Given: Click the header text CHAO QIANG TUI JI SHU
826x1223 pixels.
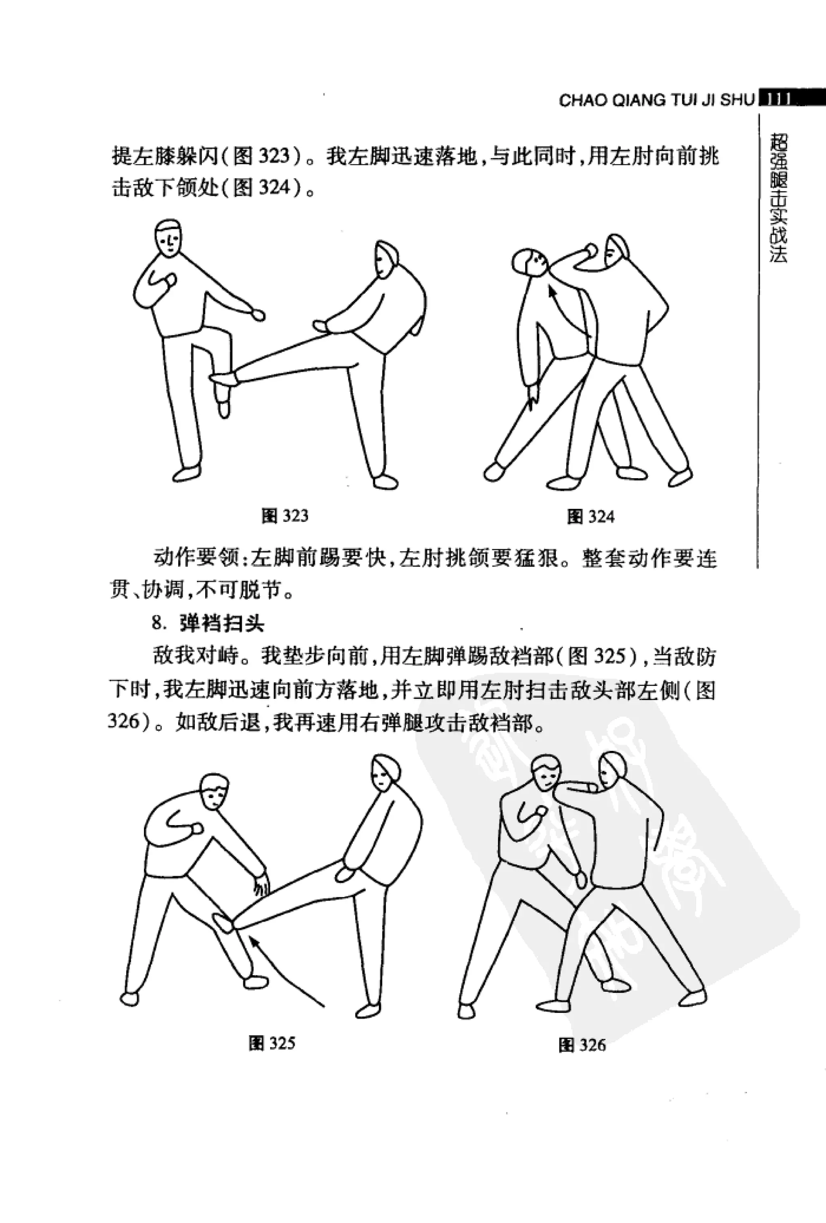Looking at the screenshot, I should point(657,100).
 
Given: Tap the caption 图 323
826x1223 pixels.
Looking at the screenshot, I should point(285,516).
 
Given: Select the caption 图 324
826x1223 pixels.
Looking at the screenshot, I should point(590,517).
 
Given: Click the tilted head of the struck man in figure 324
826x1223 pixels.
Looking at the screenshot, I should point(530,261).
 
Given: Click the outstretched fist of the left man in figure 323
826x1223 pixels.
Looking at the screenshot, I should point(258,315).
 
